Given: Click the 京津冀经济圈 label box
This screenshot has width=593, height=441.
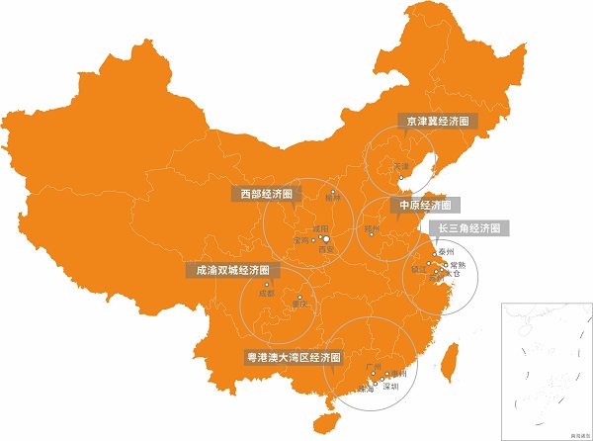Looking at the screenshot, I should (x=436, y=121).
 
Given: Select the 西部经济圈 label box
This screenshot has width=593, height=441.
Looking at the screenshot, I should (x=267, y=194).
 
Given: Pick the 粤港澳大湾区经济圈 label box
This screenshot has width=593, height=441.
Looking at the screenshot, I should (x=293, y=357).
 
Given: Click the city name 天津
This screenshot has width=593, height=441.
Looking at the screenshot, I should (x=400, y=166).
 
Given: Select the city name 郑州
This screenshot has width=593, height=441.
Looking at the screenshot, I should (x=372, y=229).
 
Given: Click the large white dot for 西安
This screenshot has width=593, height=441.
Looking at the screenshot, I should (x=326, y=238).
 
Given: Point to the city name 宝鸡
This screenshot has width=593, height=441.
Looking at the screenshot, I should (x=301, y=240).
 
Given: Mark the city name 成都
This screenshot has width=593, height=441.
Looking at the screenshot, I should (x=265, y=294).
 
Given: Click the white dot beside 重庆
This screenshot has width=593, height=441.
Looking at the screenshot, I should (x=299, y=297).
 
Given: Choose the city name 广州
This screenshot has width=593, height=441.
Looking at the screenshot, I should (x=374, y=367).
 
